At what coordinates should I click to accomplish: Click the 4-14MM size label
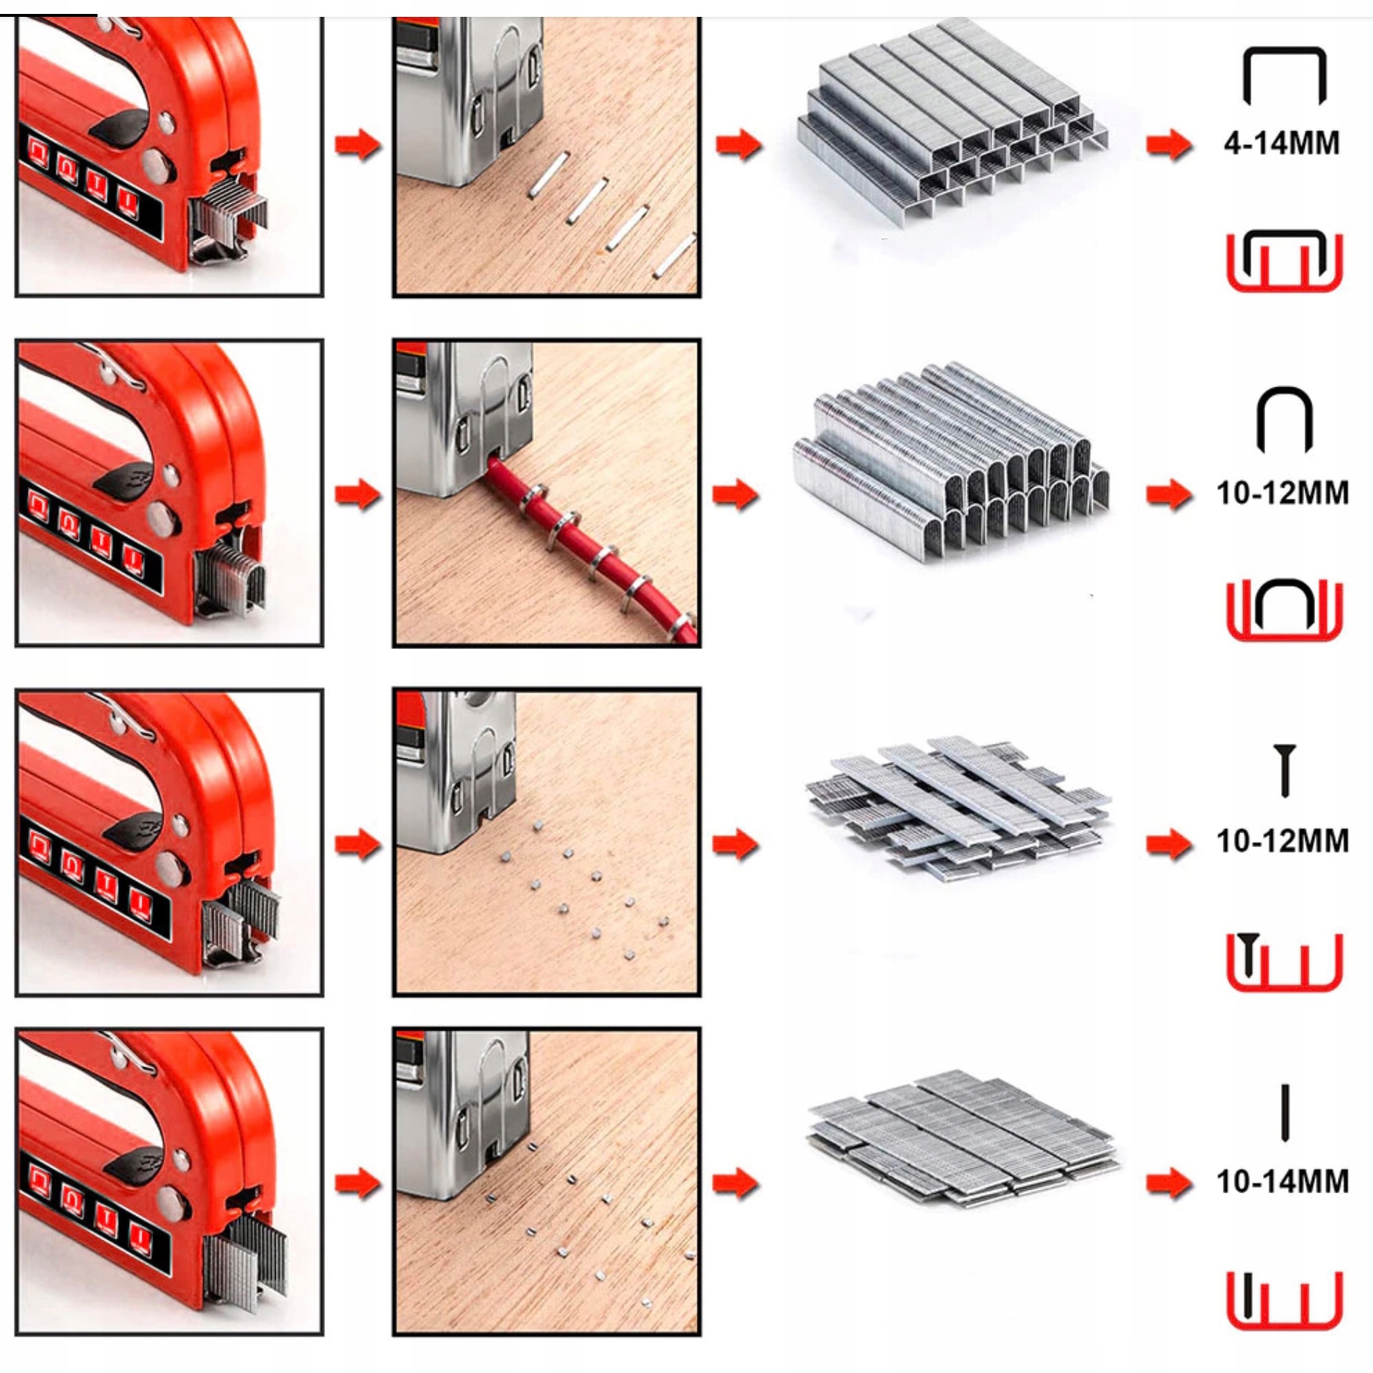[x=1281, y=142]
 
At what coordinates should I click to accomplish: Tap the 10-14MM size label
[x=1283, y=1181]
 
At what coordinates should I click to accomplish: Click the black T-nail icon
[x=1284, y=770]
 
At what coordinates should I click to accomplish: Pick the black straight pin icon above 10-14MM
[x=1284, y=1113]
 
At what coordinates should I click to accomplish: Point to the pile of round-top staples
[x=951, y=462]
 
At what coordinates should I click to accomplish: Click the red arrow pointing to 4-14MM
[x=1170, y=144]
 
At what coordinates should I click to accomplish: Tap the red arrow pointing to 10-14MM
[x=1170, y=1182]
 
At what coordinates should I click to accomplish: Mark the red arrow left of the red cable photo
[x=358, y=494]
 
